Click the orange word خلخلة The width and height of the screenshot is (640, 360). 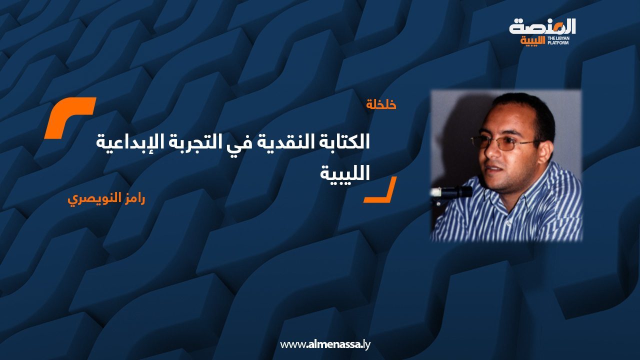click(381, 105)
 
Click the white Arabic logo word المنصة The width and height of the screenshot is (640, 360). click(542, 27)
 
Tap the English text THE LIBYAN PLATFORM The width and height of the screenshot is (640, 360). click(561, 40)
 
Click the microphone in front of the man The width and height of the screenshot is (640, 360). click(452, 191)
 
